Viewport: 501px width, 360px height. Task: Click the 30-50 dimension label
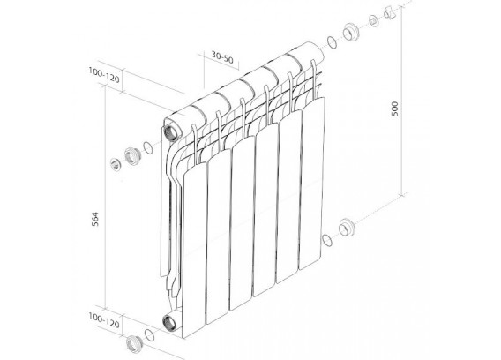click(222, 57)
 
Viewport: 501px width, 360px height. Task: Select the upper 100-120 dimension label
click(104, 76)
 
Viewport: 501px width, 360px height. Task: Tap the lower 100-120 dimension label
click(104, 320)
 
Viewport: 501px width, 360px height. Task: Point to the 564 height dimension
click(95, 219)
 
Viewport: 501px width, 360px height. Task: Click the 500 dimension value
click(395, 109)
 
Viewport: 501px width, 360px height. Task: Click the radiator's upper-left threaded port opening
click(169, 133)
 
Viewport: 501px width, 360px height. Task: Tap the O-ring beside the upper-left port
click(148, 148)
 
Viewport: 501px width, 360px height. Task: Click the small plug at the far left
click(115, 164)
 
